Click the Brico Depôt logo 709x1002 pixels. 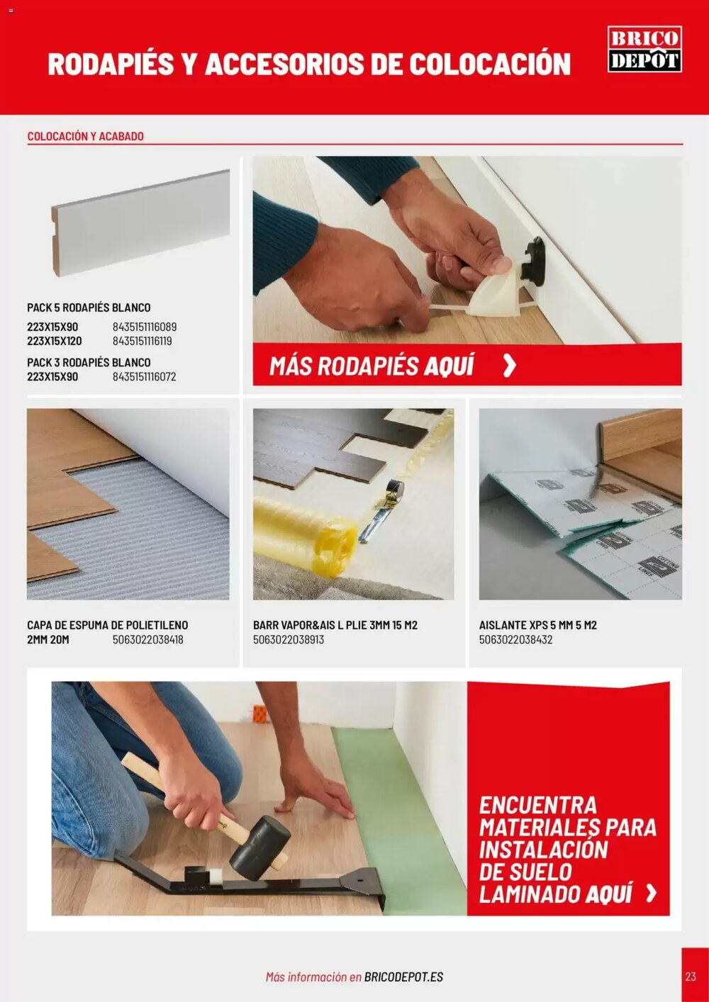tap(644, 49)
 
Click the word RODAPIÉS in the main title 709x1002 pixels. tap(111, 64)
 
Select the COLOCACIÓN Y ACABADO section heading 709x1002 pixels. tap(85, 136)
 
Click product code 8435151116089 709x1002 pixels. tap(145, 327)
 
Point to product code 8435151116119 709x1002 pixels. tap(142, 341)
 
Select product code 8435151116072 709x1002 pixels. tap(144, 376)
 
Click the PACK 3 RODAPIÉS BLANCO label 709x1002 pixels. tap(89, 362)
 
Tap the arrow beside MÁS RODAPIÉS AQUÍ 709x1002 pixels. tap(509, 366)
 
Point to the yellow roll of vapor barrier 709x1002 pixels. tap(305, 536)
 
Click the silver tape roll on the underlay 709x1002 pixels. tap(391, 490)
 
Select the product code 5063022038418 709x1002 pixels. tap(147, 639)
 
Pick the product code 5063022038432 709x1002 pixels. tap(515, 639)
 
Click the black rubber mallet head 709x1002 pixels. tap(260, 848)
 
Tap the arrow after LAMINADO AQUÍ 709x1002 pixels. tap(651, 893)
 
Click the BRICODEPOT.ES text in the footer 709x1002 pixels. tap(403, 976)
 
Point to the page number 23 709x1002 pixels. tap(691, 976)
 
